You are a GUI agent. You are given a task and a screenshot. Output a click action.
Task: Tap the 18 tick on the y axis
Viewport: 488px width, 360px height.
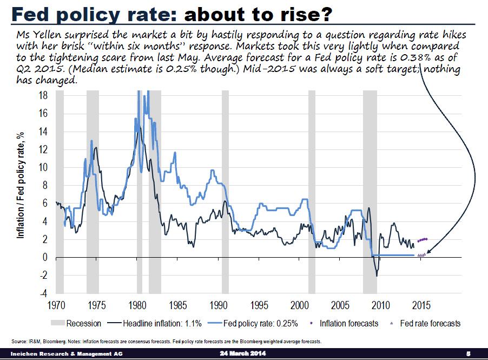[x=46, y=95]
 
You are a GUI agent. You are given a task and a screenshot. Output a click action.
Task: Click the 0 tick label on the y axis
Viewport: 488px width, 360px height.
[x=48, y=258]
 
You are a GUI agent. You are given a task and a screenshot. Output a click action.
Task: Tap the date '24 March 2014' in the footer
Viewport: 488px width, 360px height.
[x=243, y=354]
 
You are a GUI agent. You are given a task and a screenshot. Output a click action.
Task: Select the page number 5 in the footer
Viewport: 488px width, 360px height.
[x=469, y=354]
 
